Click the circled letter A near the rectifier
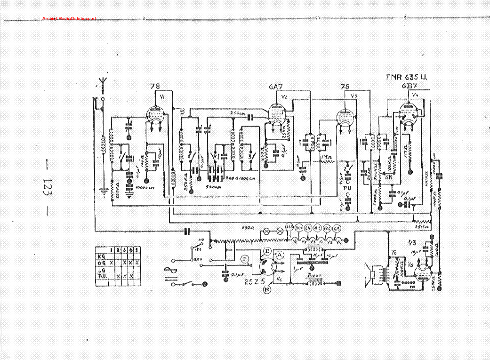pos(280,255)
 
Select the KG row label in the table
pos(100,256)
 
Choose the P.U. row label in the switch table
pos(100,276)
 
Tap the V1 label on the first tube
pos(163,97)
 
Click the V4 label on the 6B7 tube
pos(415,96)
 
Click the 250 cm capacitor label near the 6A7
pos(237,113)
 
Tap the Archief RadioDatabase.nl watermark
pos(69,18)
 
